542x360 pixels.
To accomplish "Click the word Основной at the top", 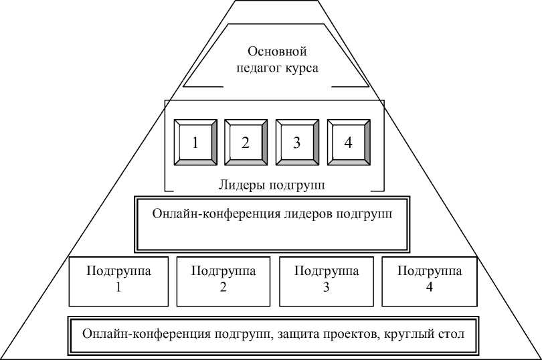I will pos(276,52).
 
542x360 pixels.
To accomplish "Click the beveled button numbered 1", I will pos(195,143).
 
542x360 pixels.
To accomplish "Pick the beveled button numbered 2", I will pos(246,143).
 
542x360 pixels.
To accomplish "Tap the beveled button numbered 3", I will pos(296,143).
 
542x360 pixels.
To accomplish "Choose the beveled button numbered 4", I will pos(348,143).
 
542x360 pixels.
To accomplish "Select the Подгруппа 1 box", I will pos(120,280).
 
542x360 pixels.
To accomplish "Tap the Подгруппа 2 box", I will pos(223,280).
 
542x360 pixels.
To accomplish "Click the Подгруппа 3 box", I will pos(326,280).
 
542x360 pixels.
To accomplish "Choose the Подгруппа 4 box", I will pos(429,280).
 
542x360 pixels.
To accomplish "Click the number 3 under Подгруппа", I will pos(326,288).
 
